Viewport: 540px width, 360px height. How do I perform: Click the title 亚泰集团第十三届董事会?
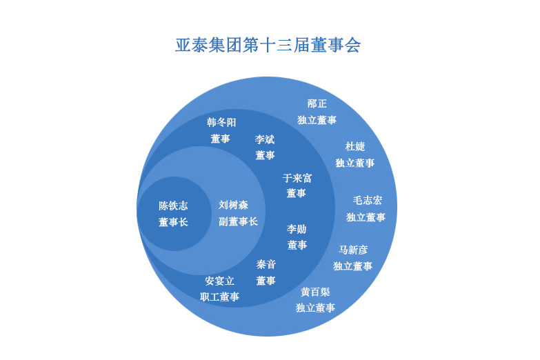[x=268, y=45]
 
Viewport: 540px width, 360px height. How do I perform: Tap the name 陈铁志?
[x=173, y=206]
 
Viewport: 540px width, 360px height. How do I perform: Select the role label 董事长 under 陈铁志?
[x=173, y=222]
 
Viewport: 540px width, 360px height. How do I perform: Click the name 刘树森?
[x=233, y=205]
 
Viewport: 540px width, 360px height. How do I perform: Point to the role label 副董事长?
[x=238, y=221]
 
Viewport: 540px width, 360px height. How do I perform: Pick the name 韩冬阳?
[x=221, y=122]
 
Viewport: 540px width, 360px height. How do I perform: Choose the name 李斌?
[x=265, y=139]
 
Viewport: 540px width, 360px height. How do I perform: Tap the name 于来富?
[x=297, y=178]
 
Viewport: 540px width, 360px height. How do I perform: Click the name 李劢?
[x=297, y=229]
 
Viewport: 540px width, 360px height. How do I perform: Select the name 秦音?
[x=266, y=264]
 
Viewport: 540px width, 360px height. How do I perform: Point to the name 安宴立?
[x=219, y=281]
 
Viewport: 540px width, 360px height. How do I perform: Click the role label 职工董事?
[x=219, y=297]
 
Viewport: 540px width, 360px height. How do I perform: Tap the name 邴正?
[x=317, y=103]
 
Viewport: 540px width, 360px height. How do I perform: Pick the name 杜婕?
[x=355, y=146]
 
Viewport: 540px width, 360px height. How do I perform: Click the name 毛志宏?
[x=368, y=201]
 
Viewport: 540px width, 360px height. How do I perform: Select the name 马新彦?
[x=353, y=250]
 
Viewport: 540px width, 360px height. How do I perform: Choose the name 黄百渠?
[x=315, y=292]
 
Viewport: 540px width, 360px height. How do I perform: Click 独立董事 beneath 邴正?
[x=317, y=120]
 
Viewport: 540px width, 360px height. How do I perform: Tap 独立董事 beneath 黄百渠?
[x=315, y=308]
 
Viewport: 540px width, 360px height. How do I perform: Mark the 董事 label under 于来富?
[x=296, y=193]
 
